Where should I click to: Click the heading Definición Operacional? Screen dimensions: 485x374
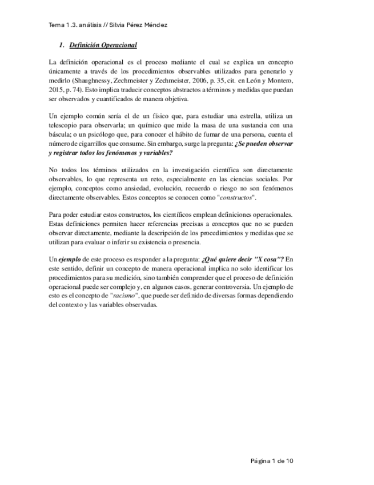[103, 45]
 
